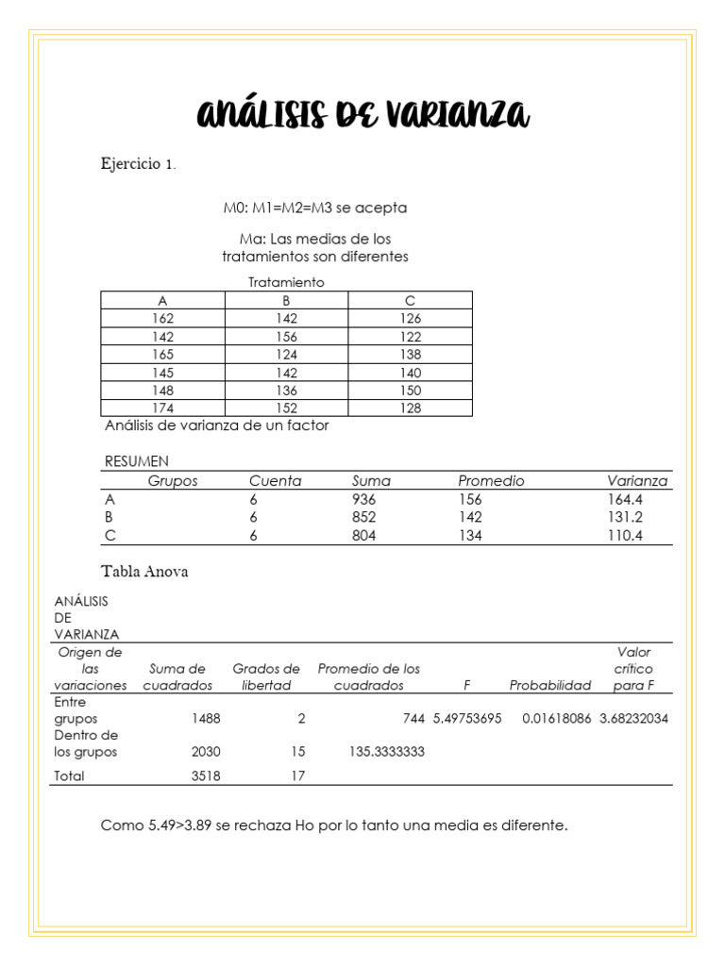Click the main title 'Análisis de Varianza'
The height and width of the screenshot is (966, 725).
pyautogui.click(x=362, y=115)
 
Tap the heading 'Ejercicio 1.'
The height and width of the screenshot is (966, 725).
pyautogui.click(x=138, y=164)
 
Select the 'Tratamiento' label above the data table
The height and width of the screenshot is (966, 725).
pyautogui.click(x=286, y=282)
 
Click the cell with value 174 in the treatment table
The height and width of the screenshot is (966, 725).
pyautogui.click(x=162, y=408)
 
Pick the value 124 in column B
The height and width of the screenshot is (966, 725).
pyautogui.click(x=286, y=355)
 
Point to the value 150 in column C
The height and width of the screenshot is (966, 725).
pyautogui.click(x=410, y=391)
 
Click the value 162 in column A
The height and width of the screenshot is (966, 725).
pyautogui.click(x=162, y=319)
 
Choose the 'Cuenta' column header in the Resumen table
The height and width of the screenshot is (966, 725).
pyautogui.click(x=275, y=481)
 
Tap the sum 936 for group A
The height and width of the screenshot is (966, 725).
pyautogui.click(x=363, y=499)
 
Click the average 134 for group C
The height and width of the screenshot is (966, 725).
pyautogui.click(x=470, y=536)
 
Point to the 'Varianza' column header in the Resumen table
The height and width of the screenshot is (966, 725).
pyautogui.click(x=637, y=481)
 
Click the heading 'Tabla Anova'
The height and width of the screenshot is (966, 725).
pyautogui.click(x=144, y=572)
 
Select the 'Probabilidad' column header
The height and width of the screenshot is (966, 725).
pyautogui.click(x=550, y=685)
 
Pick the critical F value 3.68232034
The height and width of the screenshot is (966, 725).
pyautogui.click(x=633, y=718)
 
